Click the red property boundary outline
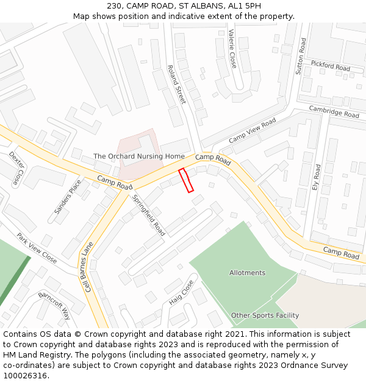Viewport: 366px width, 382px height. click(x=186, y=180)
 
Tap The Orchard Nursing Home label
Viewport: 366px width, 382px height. click(x=138, y=156)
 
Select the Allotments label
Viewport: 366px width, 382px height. click(x=247, y=273)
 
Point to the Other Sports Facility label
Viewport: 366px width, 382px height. click(x=265, y=315)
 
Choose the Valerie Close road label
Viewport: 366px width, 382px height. click(x=232, y=48)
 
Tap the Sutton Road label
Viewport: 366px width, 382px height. click(x=300, y=56)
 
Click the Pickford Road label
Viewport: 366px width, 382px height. click(x=331, y=65)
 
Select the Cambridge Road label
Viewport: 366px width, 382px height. click(x=334, y=111)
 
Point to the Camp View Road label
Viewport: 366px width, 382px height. click(x=253, y=131)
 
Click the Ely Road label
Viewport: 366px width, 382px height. click(x=316, y=177)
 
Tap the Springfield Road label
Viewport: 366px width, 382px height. click(x=149, y=216)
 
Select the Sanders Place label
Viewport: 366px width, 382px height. click(x=67, y=197)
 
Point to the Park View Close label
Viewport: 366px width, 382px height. click(x=37, y=248)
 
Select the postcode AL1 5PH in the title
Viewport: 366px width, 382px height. click(x=245, y=6)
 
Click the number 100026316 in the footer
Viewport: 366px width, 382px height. click(x=26, y=375)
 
